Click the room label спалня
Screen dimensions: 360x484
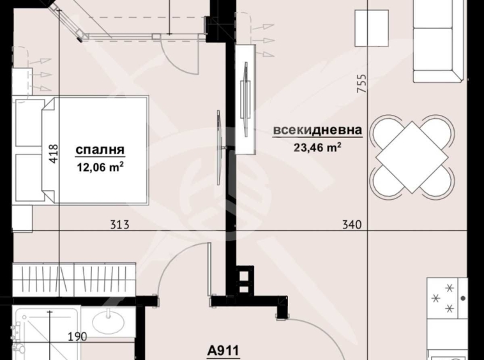(100, 151)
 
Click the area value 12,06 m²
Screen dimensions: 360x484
(100, 167)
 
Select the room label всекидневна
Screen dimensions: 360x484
(317, 131)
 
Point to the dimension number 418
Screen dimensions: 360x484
(54, 153)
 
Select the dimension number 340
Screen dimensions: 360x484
(351, 225)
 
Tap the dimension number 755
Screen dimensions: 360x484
(361, 85)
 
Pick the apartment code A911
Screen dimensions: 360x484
(223, 350)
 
